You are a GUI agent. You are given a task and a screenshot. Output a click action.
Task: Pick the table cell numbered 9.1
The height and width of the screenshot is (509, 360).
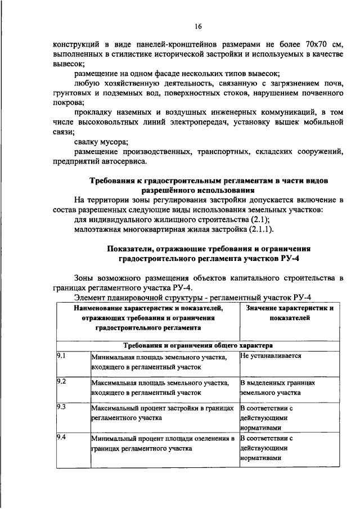pos(62,357)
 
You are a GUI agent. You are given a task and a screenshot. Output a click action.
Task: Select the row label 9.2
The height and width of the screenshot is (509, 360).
pos(62,382)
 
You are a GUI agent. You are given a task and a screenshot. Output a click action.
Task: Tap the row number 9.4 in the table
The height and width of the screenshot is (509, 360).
pos(62,438)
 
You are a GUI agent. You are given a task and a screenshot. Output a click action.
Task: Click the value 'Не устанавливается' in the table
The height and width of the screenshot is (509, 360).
pos(271,357)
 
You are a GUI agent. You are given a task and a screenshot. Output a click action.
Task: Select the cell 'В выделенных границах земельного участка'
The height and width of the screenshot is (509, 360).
pos(277,387)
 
